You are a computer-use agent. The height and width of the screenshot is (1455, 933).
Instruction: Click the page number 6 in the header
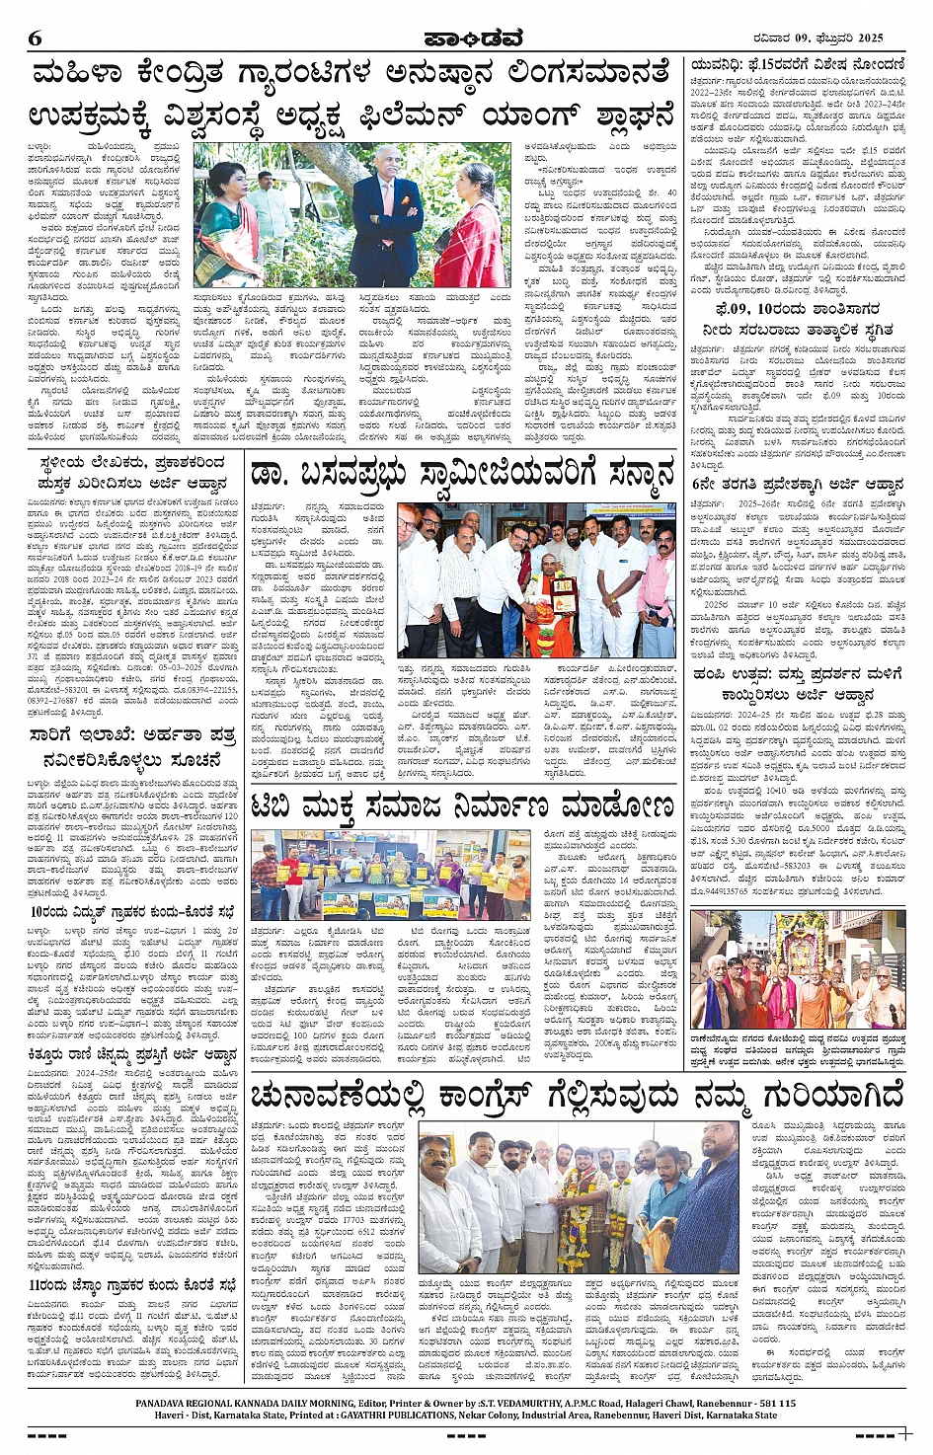(x=35, y=38)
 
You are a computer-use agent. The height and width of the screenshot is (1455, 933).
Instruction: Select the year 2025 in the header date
(x=869, y=38)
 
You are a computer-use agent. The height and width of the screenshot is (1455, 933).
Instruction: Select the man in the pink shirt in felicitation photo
(x=657, y=582)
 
